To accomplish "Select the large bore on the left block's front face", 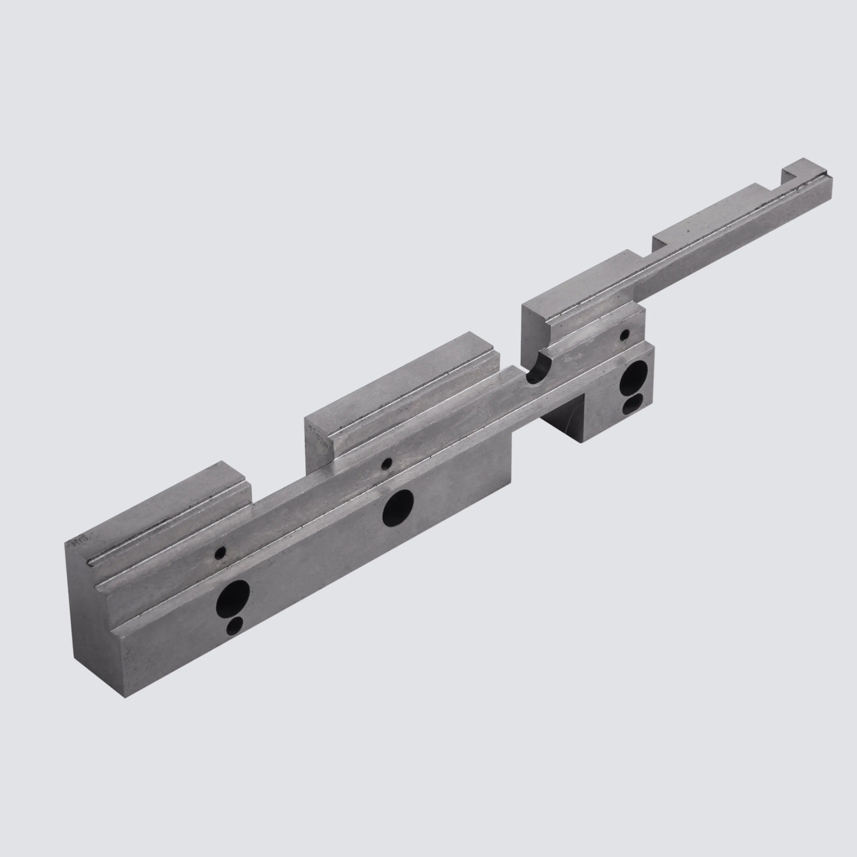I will [x=232, y=599].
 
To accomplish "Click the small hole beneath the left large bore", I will [x=235, y=626].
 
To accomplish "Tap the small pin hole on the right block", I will [x=625, y=335].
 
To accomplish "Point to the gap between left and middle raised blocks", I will [x=277, y=488].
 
